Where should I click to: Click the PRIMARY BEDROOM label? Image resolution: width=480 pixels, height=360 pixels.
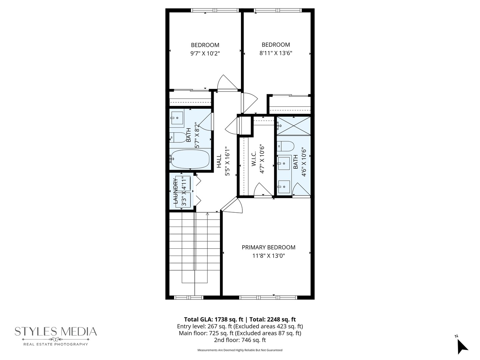pyautogui.click(x=268, y=247)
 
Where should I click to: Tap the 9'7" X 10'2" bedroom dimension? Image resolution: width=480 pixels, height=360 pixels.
pyautogui.click(x=205, y=53)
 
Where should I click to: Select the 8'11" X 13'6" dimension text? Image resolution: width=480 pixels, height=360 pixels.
pyautogui.click(x=276, y=53)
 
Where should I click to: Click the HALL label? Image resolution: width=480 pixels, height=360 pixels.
pyautogui.click(x=219, y=161)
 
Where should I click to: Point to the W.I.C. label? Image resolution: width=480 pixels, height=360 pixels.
pyautogui.click(x=254, y=159)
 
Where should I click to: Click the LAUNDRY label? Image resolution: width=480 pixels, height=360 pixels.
pyautogui.click(x=175, y=191)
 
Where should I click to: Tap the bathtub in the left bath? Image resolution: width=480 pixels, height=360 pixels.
pyautogui.click(x=190, y=159)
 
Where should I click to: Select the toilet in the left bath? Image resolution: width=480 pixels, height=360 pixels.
pyautogui.click(x=178, y=137)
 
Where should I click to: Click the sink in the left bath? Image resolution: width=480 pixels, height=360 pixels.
pyautogui.click(x=177, y=117)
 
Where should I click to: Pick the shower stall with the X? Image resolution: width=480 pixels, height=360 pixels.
pyautogui.click(x=293, y=126)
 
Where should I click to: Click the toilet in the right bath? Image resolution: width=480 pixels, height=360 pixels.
pyautogui.click(x=286, y=146)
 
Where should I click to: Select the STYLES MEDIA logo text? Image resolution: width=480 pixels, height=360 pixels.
pyautogui.click(x=56, y=331)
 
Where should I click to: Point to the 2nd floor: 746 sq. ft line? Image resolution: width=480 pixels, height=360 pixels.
pyautogui.click(x=240, y=340)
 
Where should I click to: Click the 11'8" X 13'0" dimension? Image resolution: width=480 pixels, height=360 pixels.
pyautogui.click(x=268, y=256)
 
